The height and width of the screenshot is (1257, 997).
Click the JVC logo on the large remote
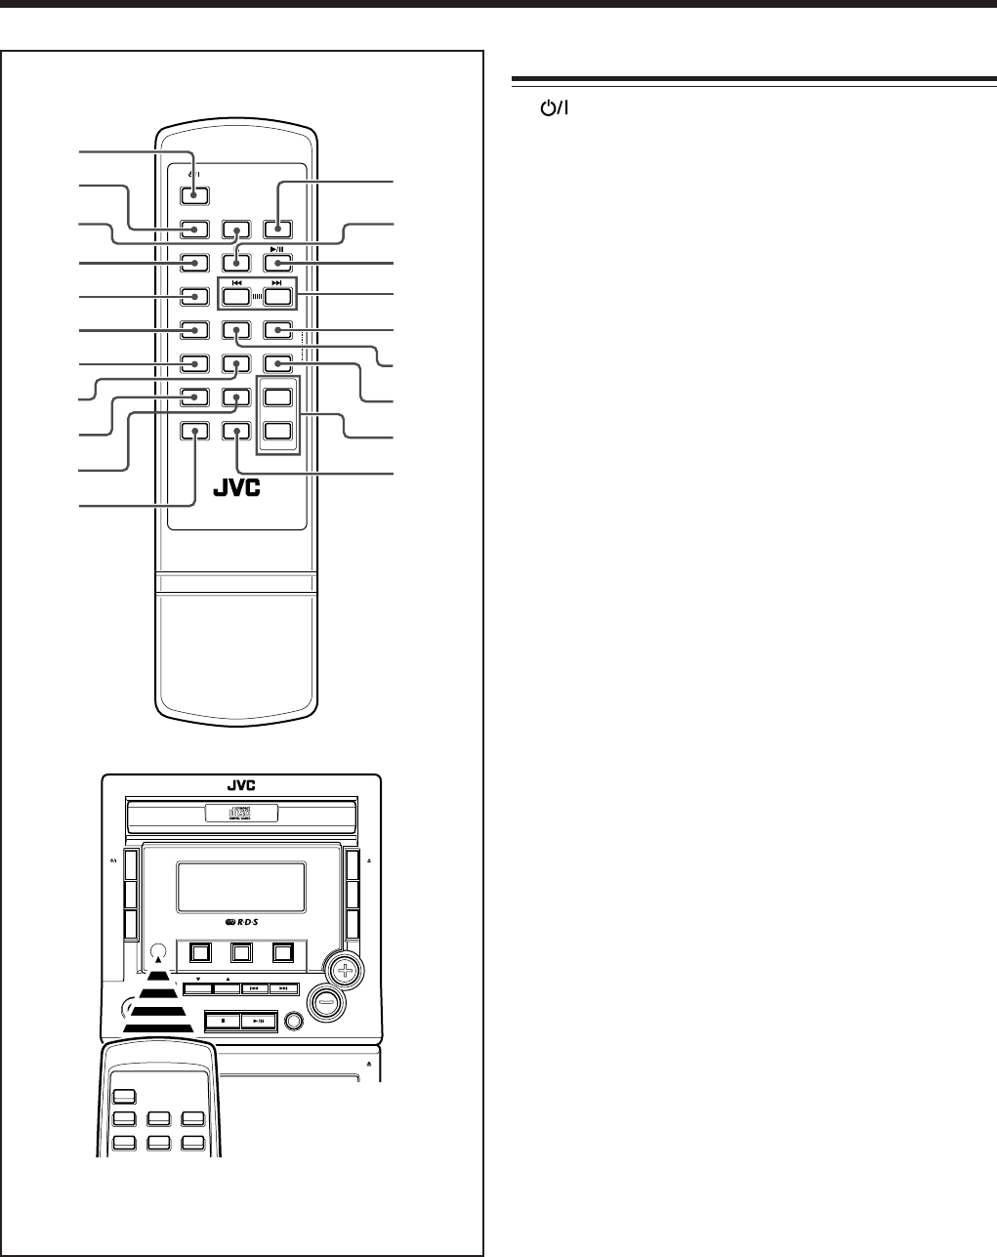coord(240,489)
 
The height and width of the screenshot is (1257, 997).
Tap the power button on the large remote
coord(193,192)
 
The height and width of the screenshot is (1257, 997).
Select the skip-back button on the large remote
coord(235,296)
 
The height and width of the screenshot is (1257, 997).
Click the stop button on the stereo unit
coord(223,1022)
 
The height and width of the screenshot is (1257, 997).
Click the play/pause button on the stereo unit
coord(258,1022)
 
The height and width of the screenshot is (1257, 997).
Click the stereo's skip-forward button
coord(284,988)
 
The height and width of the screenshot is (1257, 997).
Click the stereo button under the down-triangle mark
coord(197,988)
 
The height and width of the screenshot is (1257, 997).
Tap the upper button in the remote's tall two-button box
coord(278,398)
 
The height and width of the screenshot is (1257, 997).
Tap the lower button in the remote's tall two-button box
coord(278,431)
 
